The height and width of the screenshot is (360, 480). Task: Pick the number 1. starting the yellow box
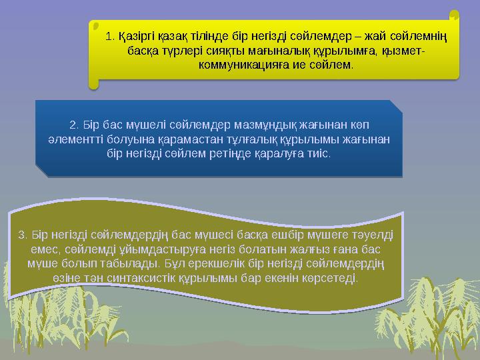tap(110, 35)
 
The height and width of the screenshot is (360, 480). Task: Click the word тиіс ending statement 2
tap(319, 154)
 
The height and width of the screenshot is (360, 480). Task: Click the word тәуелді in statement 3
tap(374, 234)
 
